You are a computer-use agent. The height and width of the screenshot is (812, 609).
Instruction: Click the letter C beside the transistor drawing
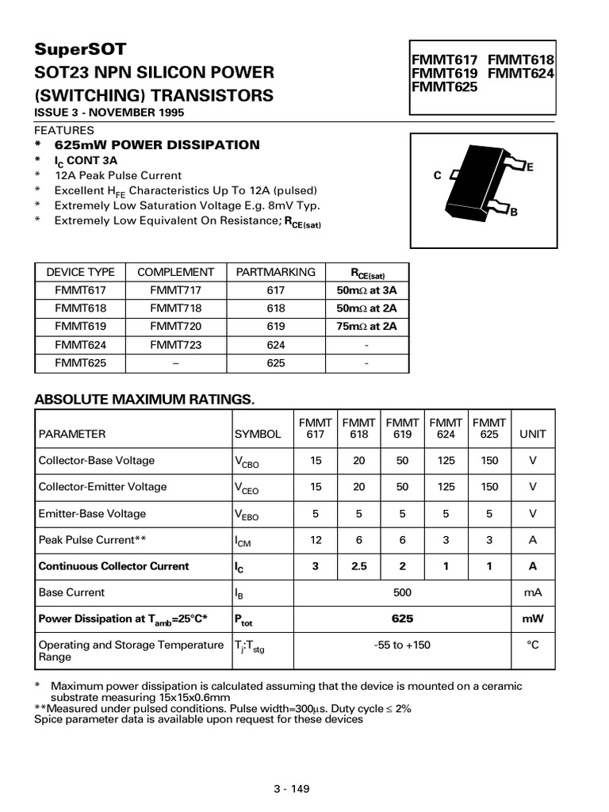(437, 176)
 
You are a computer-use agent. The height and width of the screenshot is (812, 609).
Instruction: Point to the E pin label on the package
(530, 167)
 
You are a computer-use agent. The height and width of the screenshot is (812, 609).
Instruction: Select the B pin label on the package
(514, 213)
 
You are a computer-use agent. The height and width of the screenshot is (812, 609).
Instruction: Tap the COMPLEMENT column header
(176, 272)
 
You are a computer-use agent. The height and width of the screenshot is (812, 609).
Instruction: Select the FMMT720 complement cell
(176, 326)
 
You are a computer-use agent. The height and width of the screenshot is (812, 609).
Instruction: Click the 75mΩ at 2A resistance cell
(366, 326)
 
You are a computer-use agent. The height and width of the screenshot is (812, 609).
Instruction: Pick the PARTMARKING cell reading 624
(276, 345)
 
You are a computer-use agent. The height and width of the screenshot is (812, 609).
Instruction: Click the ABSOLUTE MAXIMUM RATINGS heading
(144, 399)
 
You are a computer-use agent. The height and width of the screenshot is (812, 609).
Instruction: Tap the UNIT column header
(532, 435)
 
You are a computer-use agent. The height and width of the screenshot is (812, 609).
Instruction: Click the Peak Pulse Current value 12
(316, 540)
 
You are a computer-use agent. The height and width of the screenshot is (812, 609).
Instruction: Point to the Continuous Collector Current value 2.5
(359, 566)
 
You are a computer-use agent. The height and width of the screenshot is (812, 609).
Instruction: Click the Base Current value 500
(402, 592)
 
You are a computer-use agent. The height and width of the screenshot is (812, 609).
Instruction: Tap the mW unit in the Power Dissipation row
(532, 619)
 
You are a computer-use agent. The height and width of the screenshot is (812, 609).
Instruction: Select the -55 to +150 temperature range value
(402, 645)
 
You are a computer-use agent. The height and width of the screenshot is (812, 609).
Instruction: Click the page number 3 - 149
(291, 789)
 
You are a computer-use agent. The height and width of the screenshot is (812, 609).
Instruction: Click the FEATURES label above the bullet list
(64, 130)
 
